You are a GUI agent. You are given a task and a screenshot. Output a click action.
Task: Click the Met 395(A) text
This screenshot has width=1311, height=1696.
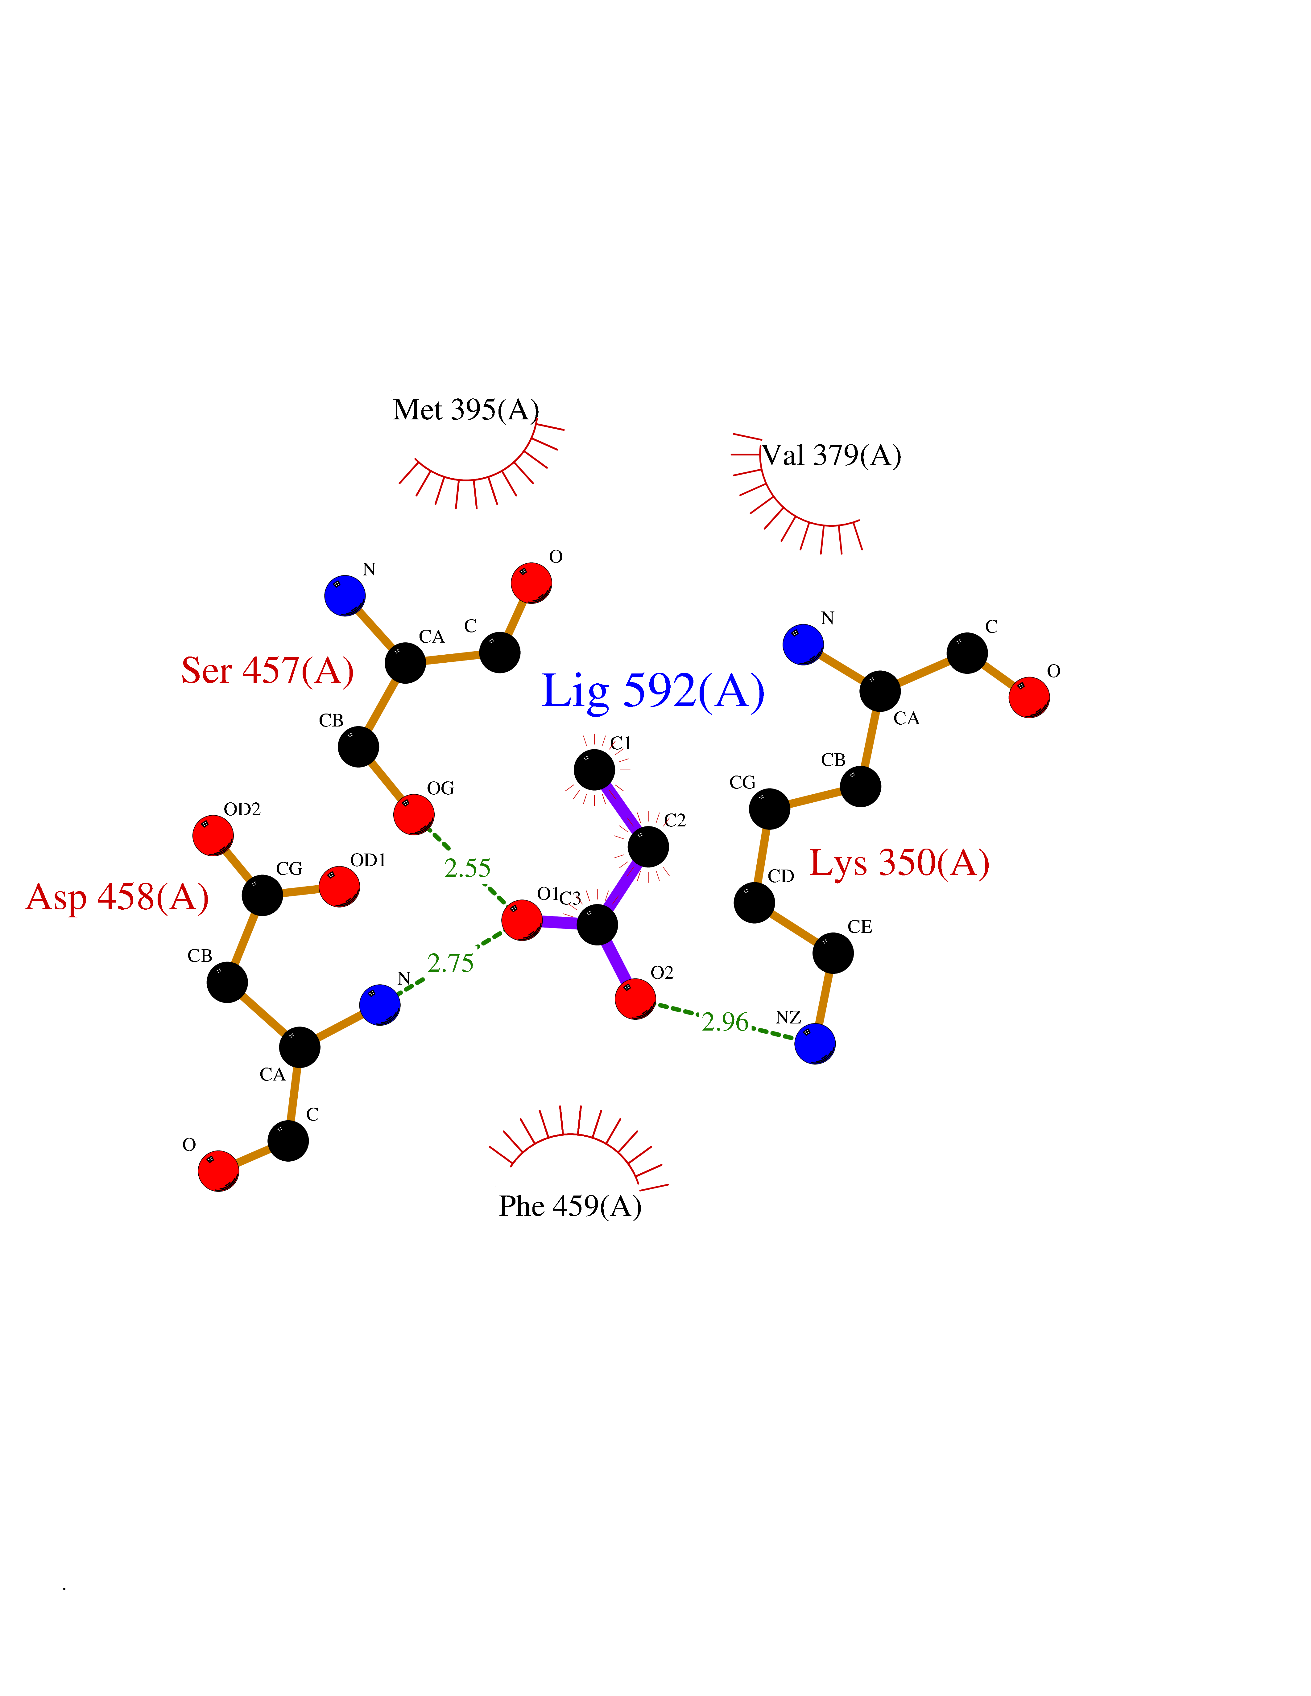tap(465, 410)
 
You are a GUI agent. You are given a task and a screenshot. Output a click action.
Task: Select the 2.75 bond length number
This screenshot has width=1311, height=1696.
tap(450, 963)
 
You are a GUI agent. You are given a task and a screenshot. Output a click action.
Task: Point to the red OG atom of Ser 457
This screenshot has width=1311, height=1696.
tap(413, 814)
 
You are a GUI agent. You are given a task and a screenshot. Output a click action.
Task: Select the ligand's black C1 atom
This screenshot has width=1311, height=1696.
tap(594, 770)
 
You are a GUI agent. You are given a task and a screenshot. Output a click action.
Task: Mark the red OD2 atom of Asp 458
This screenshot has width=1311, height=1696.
tap(213, 835)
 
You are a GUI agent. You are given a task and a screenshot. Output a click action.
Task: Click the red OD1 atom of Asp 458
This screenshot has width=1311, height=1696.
tap(339, 886)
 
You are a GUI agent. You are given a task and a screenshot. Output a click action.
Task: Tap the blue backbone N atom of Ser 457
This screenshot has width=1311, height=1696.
tap(345, 596)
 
